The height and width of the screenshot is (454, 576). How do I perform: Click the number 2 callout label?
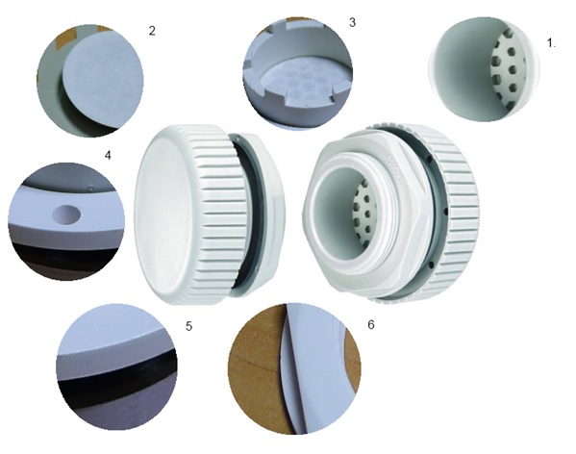[x=152, y=31]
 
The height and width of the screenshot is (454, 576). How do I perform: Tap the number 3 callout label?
[x=352, y=22]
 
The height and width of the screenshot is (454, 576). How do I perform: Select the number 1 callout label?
[x=551, y=43]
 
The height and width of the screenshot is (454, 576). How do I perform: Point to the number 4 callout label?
[x=108, y=156]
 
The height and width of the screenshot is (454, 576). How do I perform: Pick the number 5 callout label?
[x=188, y=326]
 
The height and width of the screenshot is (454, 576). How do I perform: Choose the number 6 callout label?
[x=370, y=324]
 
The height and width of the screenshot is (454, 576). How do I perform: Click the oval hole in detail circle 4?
[x=66, y=214]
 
